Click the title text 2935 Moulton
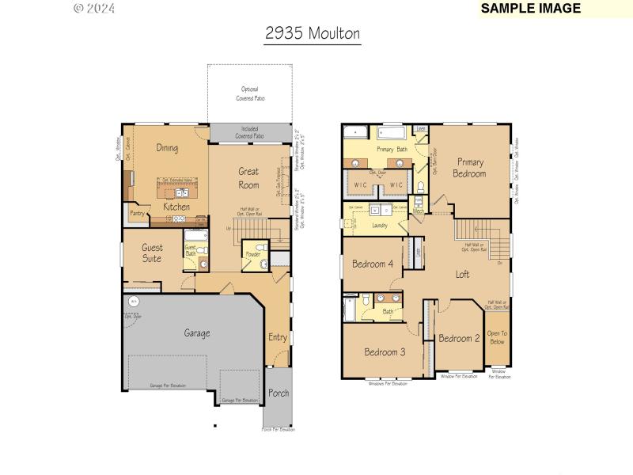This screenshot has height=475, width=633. (x=313, y=33)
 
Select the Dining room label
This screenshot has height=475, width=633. (x=167, y=148)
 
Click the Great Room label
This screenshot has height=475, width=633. (x=248, y=177)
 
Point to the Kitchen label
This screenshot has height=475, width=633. (x=176, y=207)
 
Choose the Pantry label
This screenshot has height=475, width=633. (x=136, y=213)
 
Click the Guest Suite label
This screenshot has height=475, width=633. (x=151, y=253)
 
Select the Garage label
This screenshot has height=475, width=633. (x=197, y=333)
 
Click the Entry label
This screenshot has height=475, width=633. (x=277, y=337)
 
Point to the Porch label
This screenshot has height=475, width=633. (x=279, y=393)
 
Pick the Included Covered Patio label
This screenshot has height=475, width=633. (x=249, y=132)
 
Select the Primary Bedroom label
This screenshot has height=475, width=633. (x=470, y=167)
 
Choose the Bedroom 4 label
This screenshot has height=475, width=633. (x=373, y=264)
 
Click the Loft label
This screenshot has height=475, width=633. (x=462, y=274)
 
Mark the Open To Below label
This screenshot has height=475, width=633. (x=497, y=337)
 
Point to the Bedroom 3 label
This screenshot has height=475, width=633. (x=385, y=351)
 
